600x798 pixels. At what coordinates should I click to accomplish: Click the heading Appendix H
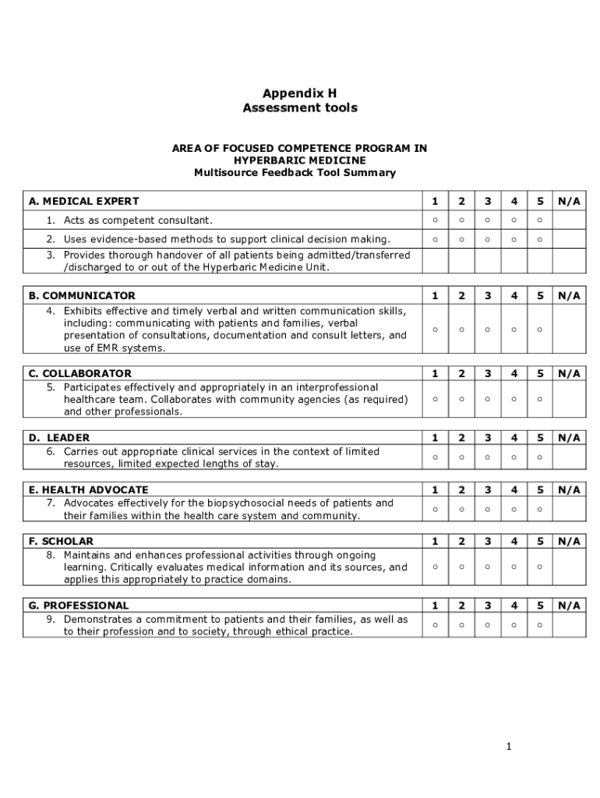(299, 93)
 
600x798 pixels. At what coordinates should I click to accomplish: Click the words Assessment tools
(299, 108)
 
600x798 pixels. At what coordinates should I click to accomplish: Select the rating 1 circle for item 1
(435, 221)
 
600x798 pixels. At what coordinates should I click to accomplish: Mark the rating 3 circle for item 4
(488, 330)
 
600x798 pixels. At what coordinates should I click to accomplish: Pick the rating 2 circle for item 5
(461, 400)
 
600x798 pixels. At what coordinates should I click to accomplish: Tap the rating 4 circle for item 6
(514, 457)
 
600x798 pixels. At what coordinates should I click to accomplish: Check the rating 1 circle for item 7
(435, 510)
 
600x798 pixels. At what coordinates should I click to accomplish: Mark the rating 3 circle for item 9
(488, 625)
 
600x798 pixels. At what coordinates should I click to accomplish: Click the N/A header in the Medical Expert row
(569, 201)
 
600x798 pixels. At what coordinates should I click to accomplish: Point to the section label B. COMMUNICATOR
(82, 295)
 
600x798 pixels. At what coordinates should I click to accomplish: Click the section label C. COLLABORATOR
(80, 373)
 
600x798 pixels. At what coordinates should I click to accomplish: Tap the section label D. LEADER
(59, 438)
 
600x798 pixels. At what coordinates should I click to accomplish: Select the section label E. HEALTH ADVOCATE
(88, 489)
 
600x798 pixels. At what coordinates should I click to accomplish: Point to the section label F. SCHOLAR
(61, 541)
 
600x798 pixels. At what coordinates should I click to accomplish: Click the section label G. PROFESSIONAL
(79, 606)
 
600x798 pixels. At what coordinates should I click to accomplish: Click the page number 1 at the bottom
(508, 747)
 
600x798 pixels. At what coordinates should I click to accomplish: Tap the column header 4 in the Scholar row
(514, 541)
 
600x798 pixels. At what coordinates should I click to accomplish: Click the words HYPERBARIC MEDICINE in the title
(299, 160)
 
